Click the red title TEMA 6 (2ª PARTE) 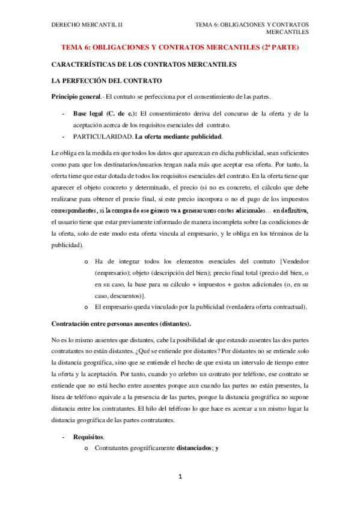pyautogui.click(x=180, y=47)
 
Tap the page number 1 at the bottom pyautogui.click(x=179, y=477)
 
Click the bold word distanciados pyautogui.click(x=193, y=448)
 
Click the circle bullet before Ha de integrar pyautogui.click(x=87, y=262)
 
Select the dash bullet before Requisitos pyautogui.click(x=63, y=437)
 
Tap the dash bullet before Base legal pyautogui.click(x=63, y=113)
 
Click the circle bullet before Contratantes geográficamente pyautogui.click(x=87, y=449)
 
